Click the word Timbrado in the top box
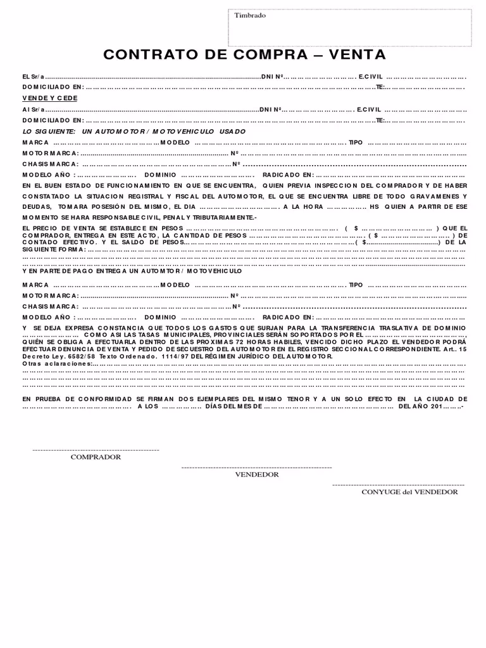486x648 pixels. coord(251,16)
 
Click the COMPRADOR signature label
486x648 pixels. coord(96,457)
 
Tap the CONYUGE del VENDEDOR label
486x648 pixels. coord(409,492)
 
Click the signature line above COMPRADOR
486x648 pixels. coord(96,449)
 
